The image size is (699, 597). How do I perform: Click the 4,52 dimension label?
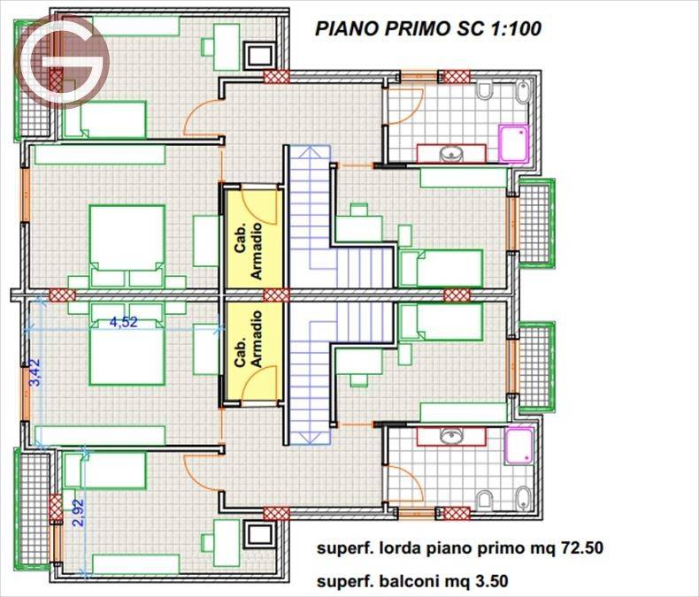[x=124, y=322]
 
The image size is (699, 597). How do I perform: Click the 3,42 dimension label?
[x=35, y=372]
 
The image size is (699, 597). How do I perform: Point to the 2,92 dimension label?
[x=78, y=513]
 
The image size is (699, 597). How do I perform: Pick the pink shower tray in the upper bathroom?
[x=514, y=142]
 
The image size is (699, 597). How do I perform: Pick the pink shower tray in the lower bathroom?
[x=519, y=446]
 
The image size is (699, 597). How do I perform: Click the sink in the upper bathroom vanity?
[x=451, y=155]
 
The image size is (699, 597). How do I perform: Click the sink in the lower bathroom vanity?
[x=451, y=436]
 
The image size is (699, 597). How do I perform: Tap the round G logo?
[x=62, y=62]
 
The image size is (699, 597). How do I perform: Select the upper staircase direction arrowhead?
[x=310, y=153]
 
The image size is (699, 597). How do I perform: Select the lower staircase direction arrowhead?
[x=310, y=438]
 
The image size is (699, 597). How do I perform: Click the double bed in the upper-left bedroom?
[x=127, y=246]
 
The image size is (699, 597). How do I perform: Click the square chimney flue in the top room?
[x=259, y=55]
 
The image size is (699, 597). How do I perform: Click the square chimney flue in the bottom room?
[x=259, y=537]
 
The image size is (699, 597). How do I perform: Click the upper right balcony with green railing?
[x=537, y=223]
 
